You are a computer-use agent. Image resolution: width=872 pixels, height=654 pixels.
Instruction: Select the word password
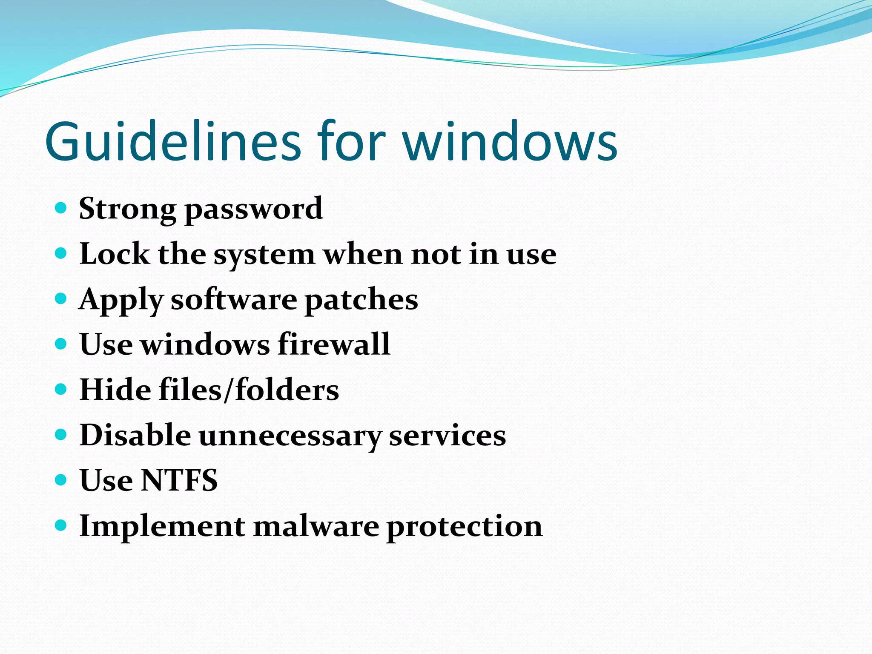click(254, 209)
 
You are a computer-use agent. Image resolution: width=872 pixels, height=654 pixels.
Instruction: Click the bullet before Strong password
click(61, 208)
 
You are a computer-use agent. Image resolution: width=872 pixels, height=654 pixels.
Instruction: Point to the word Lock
click(115, 254)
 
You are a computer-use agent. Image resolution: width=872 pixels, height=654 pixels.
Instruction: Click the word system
click(264, 255)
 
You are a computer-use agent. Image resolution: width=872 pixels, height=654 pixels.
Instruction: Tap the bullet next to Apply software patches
click(61, 298)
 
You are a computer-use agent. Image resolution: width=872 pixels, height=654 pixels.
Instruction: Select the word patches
click(361, 300)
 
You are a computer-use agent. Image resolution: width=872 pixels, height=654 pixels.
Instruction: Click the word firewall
click(334, 344)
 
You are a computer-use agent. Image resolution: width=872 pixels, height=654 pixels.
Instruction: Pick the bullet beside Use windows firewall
click(61, 344)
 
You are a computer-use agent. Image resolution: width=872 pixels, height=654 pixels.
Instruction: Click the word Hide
click(115, 390)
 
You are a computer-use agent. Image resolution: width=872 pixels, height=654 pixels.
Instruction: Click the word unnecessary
click(290, 437)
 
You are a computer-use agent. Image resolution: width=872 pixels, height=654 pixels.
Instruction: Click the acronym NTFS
click(179, 480)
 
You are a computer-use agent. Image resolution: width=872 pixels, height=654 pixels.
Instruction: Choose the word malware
click(316, 526)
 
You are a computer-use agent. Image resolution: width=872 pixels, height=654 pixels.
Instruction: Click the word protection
click(464, 527)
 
